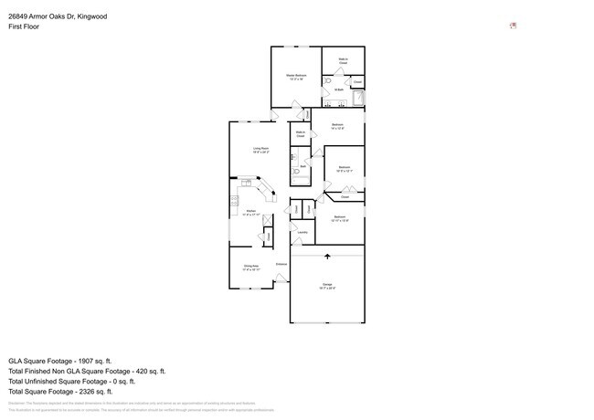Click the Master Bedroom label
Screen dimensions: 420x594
[x=297, y=77]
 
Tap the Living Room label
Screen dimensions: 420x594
[x=260, y=150]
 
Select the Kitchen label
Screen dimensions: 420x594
[x=251, y=213]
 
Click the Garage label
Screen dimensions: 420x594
[x=327, y=287]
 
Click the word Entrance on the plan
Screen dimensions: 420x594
[x=281, y=264]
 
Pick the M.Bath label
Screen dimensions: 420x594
[x=338, y=89]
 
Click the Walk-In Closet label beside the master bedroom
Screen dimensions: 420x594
[x=344, y=61]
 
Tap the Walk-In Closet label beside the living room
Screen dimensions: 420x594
[x=300, y=133]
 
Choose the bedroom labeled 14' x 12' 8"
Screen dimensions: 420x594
[x=337, y=126]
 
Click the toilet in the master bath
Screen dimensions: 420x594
[x=328, y=81]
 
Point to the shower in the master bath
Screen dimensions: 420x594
[x=357, y=99]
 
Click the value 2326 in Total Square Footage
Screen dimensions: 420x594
[x=96, y=392]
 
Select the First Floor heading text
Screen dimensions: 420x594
[x=24, y=26]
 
